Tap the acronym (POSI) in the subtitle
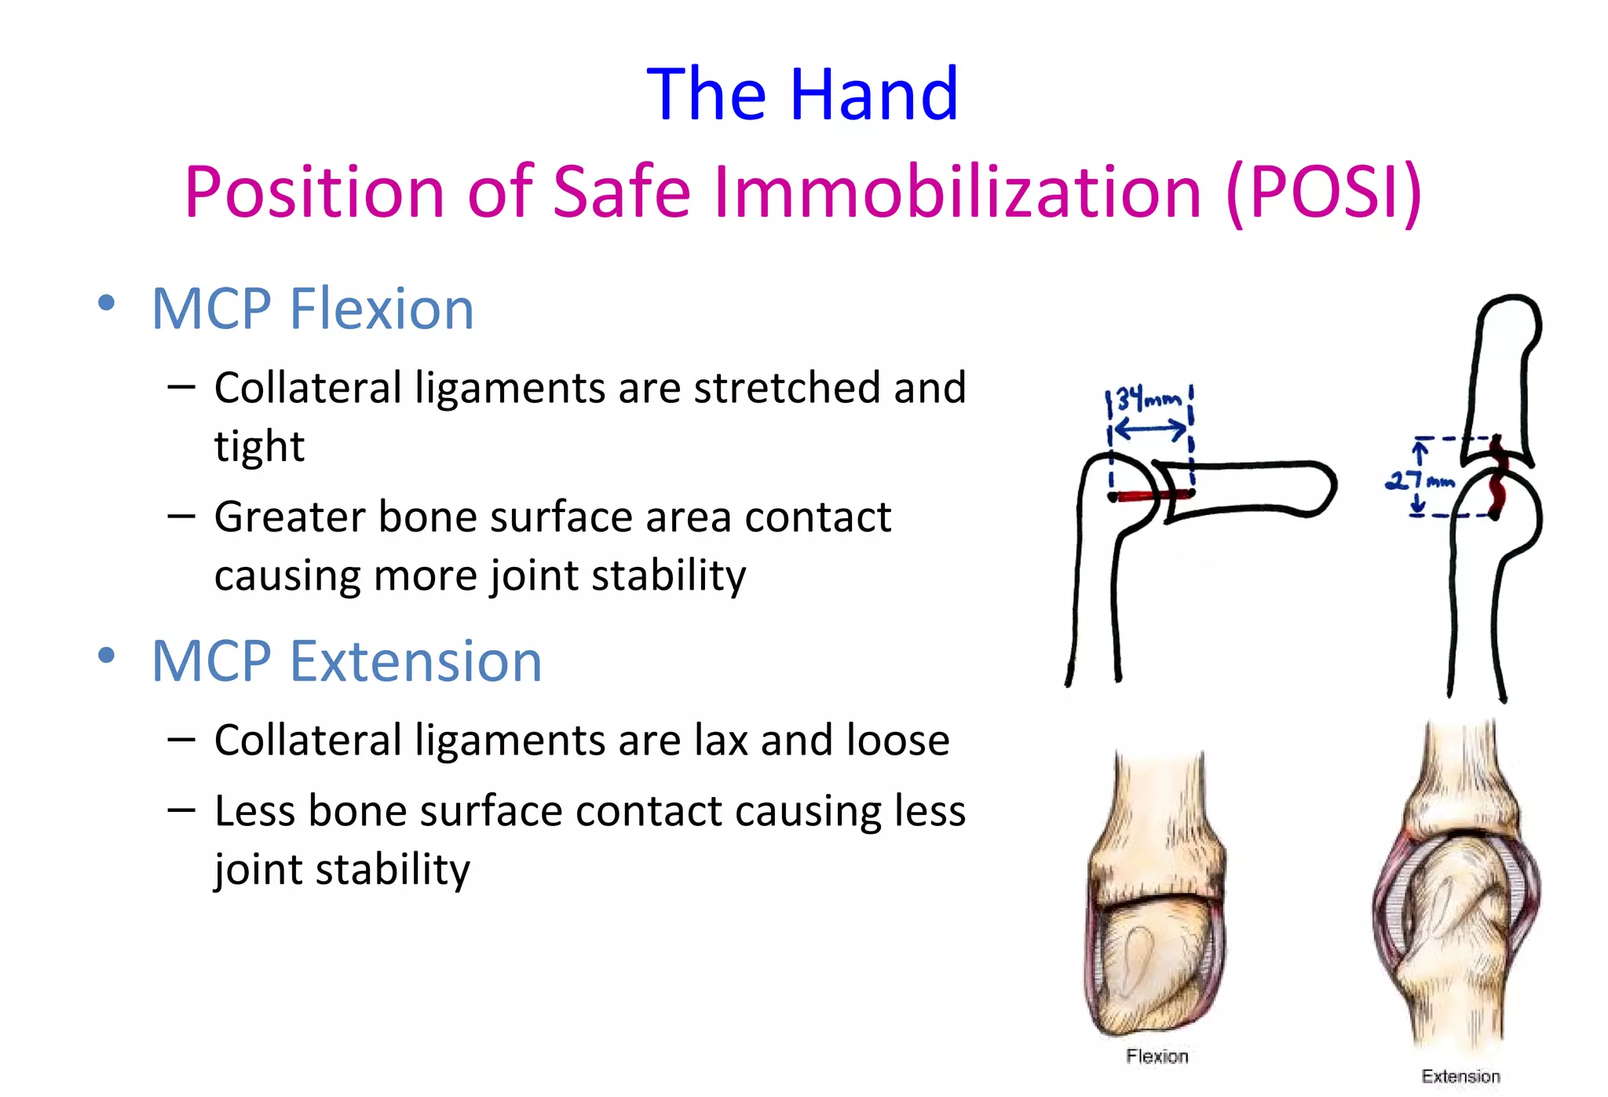pos(1324,192)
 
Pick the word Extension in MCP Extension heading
pos(416,661)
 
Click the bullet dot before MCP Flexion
pos(107,303)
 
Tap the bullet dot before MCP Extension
pos(107,656)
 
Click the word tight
pos(259,446)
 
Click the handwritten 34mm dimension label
pos(1148,400)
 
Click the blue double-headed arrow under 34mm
pos(1150,430)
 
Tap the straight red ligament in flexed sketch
pos(1151,495)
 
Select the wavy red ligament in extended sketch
pos(1498,479)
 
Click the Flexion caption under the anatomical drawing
pos(1157,1056)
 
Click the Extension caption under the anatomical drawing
pos(1460,1077)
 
